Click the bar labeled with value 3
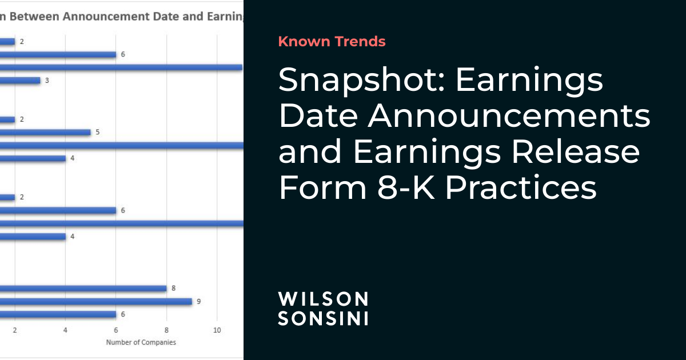[x=20, y=81]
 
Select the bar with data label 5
[x=46, y=133]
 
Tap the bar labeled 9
[x=96, y=301]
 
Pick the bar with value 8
[x=83, y=289]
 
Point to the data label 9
[x=198, y=301]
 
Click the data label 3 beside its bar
[x=47, y=81]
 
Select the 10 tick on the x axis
[x=217, y=330]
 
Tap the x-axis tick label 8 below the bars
[x=166, y=330]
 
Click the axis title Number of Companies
[x=141, y=342]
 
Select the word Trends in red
[x=360, y=41]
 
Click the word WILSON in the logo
[x=323, y=299]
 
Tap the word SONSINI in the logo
[x=323, y=318]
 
